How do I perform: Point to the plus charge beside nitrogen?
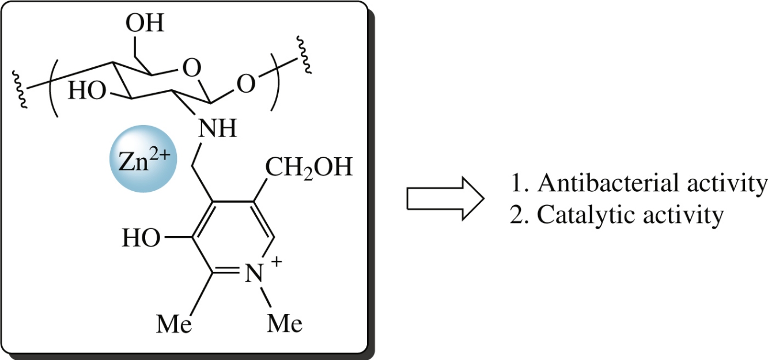[x=277, y=262]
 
